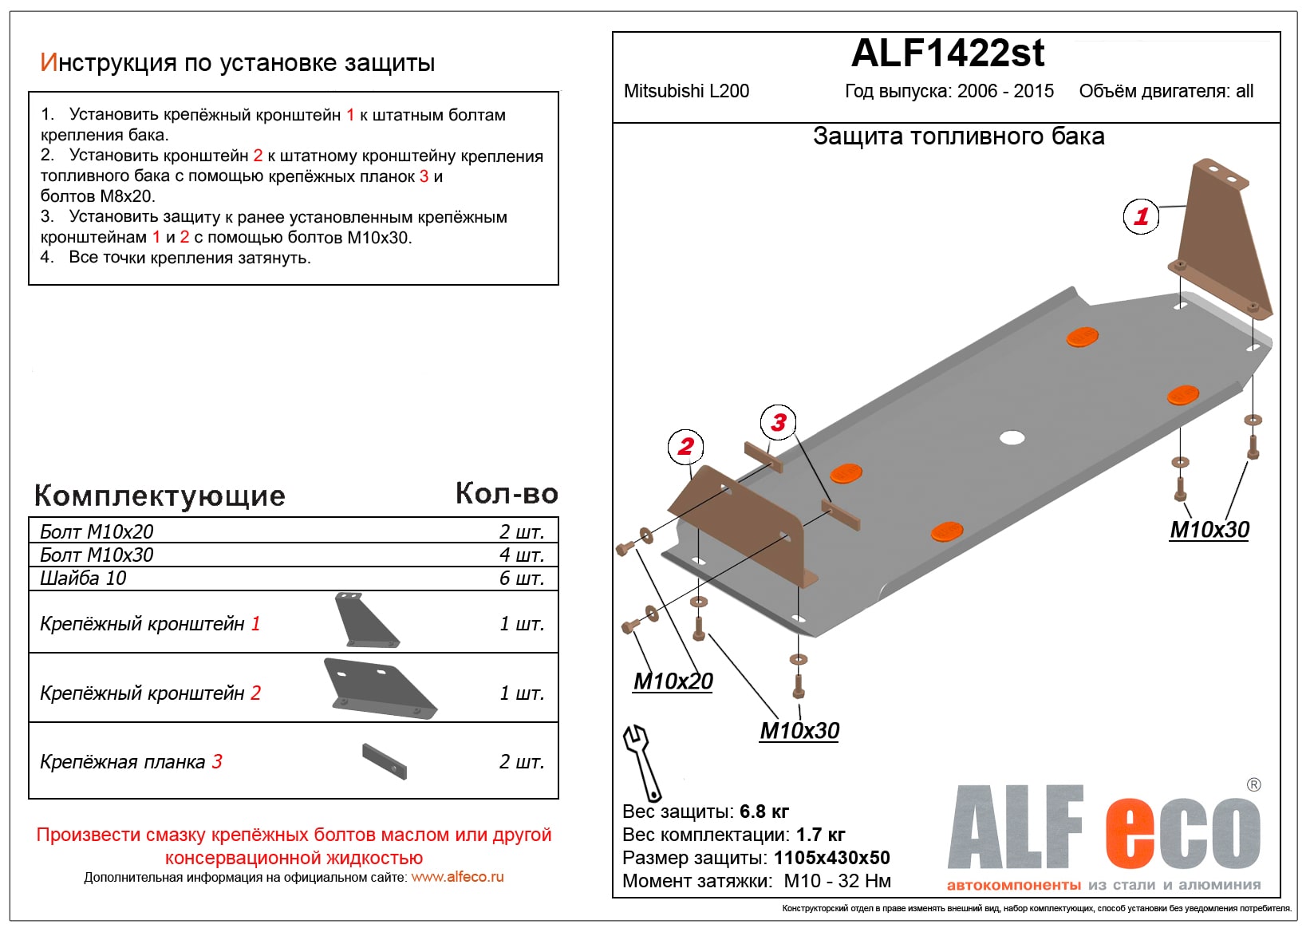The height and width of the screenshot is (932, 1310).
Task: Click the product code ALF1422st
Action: [x=947, y=53]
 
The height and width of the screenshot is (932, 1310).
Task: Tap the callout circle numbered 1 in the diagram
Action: [x=1141, y=216]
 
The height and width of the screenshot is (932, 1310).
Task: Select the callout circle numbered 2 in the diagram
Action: [x=685, y=447]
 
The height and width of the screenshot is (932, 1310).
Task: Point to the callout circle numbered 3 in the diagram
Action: [x=779, y=422]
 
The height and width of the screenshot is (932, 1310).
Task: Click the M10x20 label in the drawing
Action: [x=673, y=681]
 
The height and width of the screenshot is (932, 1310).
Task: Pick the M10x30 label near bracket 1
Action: [x=1209, y=530]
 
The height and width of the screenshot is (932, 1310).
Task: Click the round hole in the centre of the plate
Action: [x=1012, y=437]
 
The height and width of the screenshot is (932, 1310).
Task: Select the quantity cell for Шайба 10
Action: [x=521, y=579]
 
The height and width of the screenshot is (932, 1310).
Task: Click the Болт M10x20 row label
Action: [x=97, y=531]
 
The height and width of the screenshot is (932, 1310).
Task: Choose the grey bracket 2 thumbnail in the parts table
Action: [x=379, y=688]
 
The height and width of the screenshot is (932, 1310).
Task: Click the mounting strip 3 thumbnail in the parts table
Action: [x=384, y=761]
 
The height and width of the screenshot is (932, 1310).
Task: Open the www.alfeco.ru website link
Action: [x=457, y=877]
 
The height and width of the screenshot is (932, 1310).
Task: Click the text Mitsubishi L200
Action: [x=686, y=91]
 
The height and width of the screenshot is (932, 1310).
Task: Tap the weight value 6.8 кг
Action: [x=764, y=812]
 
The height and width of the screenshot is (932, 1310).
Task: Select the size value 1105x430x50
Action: [x=831, y=858]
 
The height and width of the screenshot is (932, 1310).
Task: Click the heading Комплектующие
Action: [x=160, y=496]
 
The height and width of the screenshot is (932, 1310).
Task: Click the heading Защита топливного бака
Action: [x=958, y=136]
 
